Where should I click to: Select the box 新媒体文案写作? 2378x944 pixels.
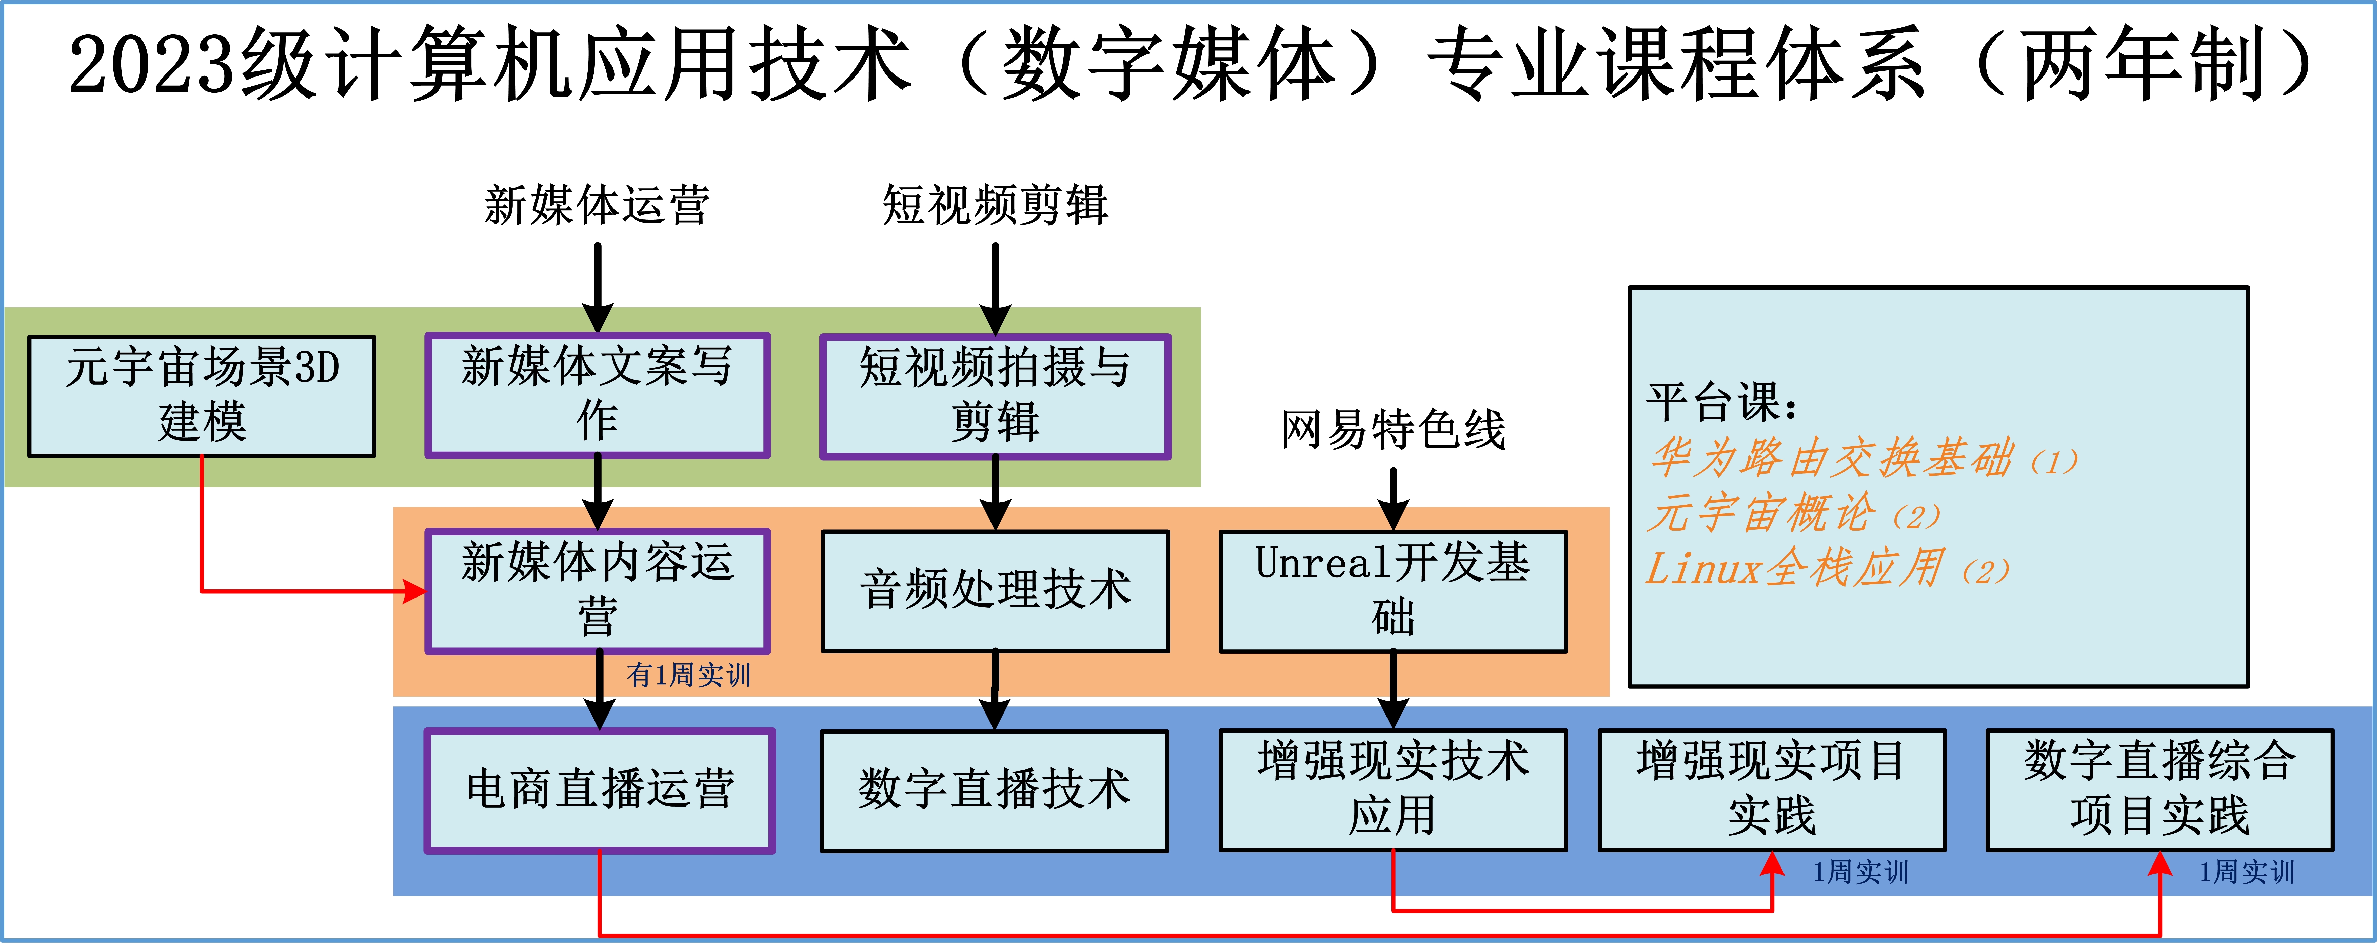click(x=597, y=395)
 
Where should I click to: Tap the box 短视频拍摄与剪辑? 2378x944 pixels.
click(x=995, y=396)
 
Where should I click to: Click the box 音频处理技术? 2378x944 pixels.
click(x=995, y=591)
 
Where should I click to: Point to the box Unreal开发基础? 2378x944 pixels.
click(x=1393, y=591)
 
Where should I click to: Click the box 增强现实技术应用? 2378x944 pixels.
click(x=1393, y=790)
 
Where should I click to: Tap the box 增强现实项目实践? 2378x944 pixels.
click(x=1772, y=790)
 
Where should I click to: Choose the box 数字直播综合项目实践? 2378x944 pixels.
click(x=2160, y=790)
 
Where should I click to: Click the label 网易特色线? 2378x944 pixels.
click(x=1393, y=430)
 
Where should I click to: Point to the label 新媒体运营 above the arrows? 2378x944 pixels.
click(x=597, y=205)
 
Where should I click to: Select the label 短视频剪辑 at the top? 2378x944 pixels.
click(x=995, y=205)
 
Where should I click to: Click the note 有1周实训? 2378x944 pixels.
click(x=689, y=675)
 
